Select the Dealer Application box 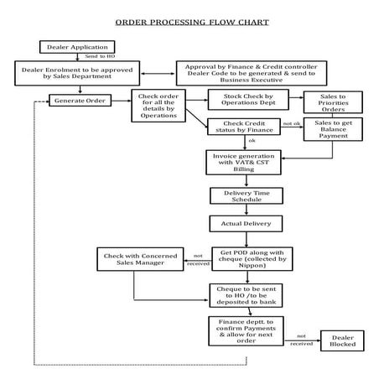coord(70,46)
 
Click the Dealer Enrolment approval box coord(77,72)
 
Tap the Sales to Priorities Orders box coord(328,101)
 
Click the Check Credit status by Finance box coord(243,127)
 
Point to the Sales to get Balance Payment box coord(328,128)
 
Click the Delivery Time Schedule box coord(238,196)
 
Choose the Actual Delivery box coord(238,224)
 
